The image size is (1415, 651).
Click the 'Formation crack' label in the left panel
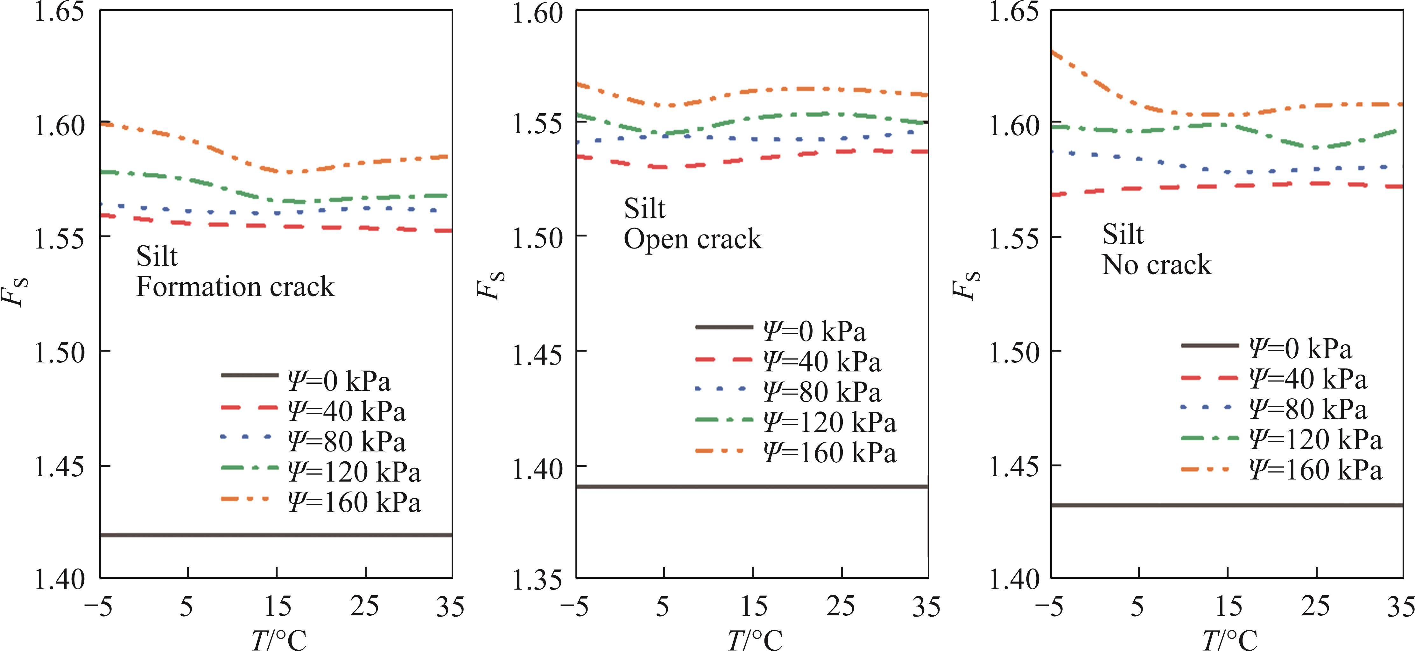(x=235, y=287)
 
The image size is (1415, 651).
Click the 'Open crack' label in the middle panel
(x=693, y=239)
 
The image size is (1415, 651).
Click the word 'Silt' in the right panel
(x=1123, y=234)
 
